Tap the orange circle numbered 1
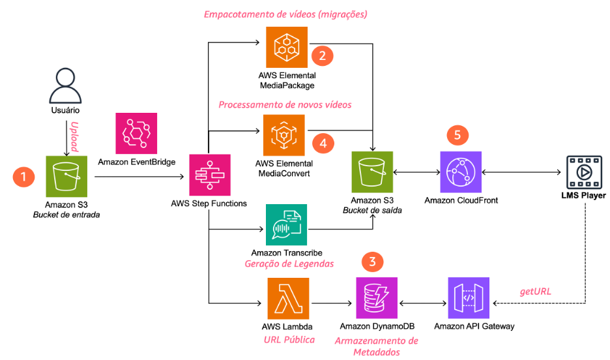(24, 176)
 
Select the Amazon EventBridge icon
(136, 134)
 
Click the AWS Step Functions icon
(209, 174)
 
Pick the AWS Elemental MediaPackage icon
(285, 46)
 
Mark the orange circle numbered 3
(372, 263)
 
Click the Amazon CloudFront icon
(461, 172)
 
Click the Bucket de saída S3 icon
(372, 172)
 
